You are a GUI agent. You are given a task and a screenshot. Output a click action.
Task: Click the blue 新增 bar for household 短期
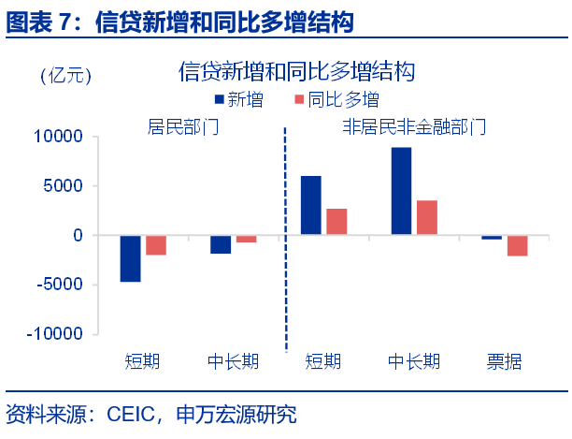tap(130, 258)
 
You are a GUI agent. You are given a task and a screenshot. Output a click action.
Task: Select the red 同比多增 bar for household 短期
tap(155, 245)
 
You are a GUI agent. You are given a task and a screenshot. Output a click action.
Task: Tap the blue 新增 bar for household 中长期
tap(221, 244)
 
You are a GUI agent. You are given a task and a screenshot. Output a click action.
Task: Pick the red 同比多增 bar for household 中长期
tap(246, 239)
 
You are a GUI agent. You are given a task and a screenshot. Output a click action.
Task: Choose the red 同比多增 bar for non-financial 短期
tap(336, 222)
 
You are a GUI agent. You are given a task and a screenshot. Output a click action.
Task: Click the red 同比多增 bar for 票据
tap(517, 245)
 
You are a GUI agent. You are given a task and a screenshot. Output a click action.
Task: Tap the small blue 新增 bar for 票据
tap(492, 238)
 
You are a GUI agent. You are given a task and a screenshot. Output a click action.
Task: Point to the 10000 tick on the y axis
tap(64, 137)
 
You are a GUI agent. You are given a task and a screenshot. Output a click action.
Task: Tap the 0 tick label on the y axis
tap(79, 235)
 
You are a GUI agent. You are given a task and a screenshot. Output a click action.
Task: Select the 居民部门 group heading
tap(183, 125)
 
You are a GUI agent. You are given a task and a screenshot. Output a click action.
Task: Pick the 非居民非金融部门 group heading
tap(414, 125)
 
